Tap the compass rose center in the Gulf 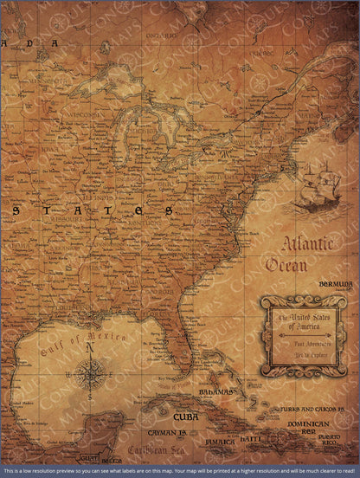click(x=88, y=373)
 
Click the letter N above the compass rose click(x=88, y=348)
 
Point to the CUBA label click(x=185, y=417)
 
